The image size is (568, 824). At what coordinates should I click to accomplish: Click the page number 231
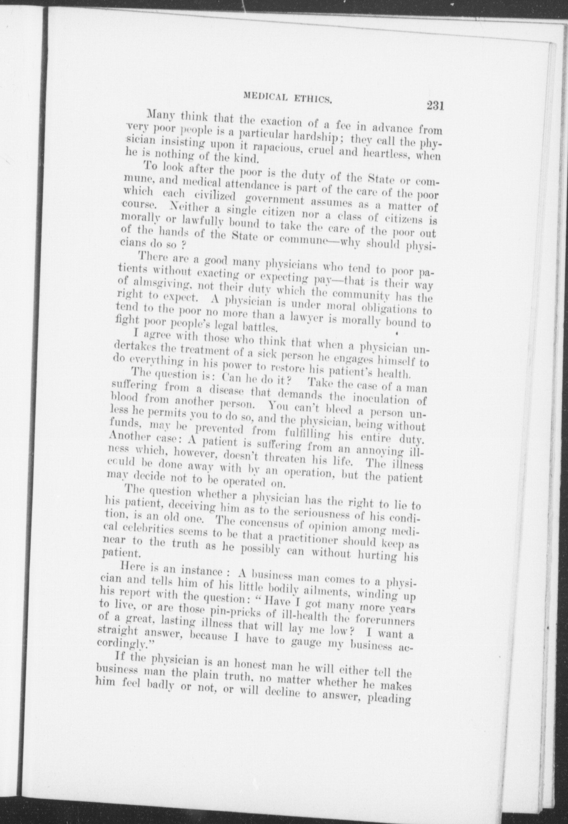pyautogui.click(x=436, y=106)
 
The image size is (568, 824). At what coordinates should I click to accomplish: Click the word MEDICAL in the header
pyautogui.click(x=265, y=95)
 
